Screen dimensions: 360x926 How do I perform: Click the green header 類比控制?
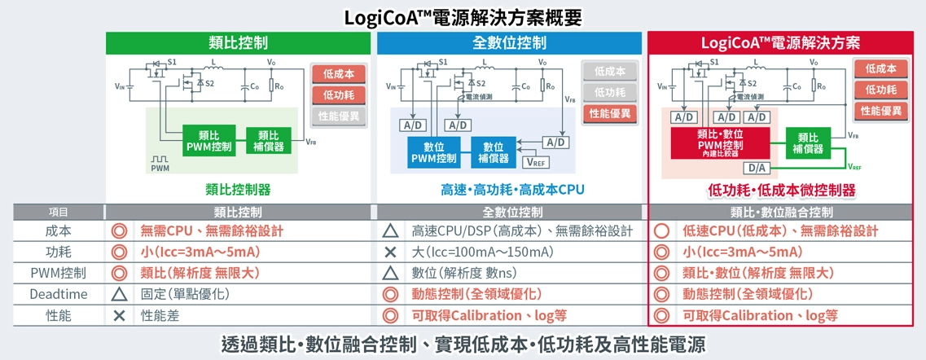point(238,42)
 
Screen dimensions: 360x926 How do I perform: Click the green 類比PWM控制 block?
point(208,140)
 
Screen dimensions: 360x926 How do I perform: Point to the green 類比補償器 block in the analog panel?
point(268,140)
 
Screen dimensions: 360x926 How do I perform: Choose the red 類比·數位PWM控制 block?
point(720,141)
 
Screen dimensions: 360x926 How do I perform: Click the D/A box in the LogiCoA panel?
point(754,168)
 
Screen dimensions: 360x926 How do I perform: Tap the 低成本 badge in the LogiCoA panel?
point(880,69)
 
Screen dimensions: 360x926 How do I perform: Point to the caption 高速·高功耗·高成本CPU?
point(512,190)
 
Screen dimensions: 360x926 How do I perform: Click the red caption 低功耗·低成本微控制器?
point(782,190)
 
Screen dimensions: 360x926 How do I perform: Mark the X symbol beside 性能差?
point(119,315)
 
